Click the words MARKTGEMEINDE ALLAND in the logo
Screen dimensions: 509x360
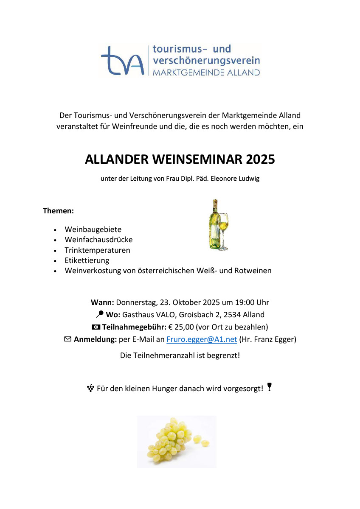(x=206, y=73)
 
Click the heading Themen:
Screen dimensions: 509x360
(x=59, y=210)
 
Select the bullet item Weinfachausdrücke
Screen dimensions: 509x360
(x=98, y=240)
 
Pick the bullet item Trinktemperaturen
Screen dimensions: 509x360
(x=97, y=250)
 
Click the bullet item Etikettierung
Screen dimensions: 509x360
(x=87, y=260)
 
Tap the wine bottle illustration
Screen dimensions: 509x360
(x=214, y=225)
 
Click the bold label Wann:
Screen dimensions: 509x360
(x=102, y=302)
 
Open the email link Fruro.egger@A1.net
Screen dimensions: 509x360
(x=202, y=339)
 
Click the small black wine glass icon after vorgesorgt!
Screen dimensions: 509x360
(x=269, y=387)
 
